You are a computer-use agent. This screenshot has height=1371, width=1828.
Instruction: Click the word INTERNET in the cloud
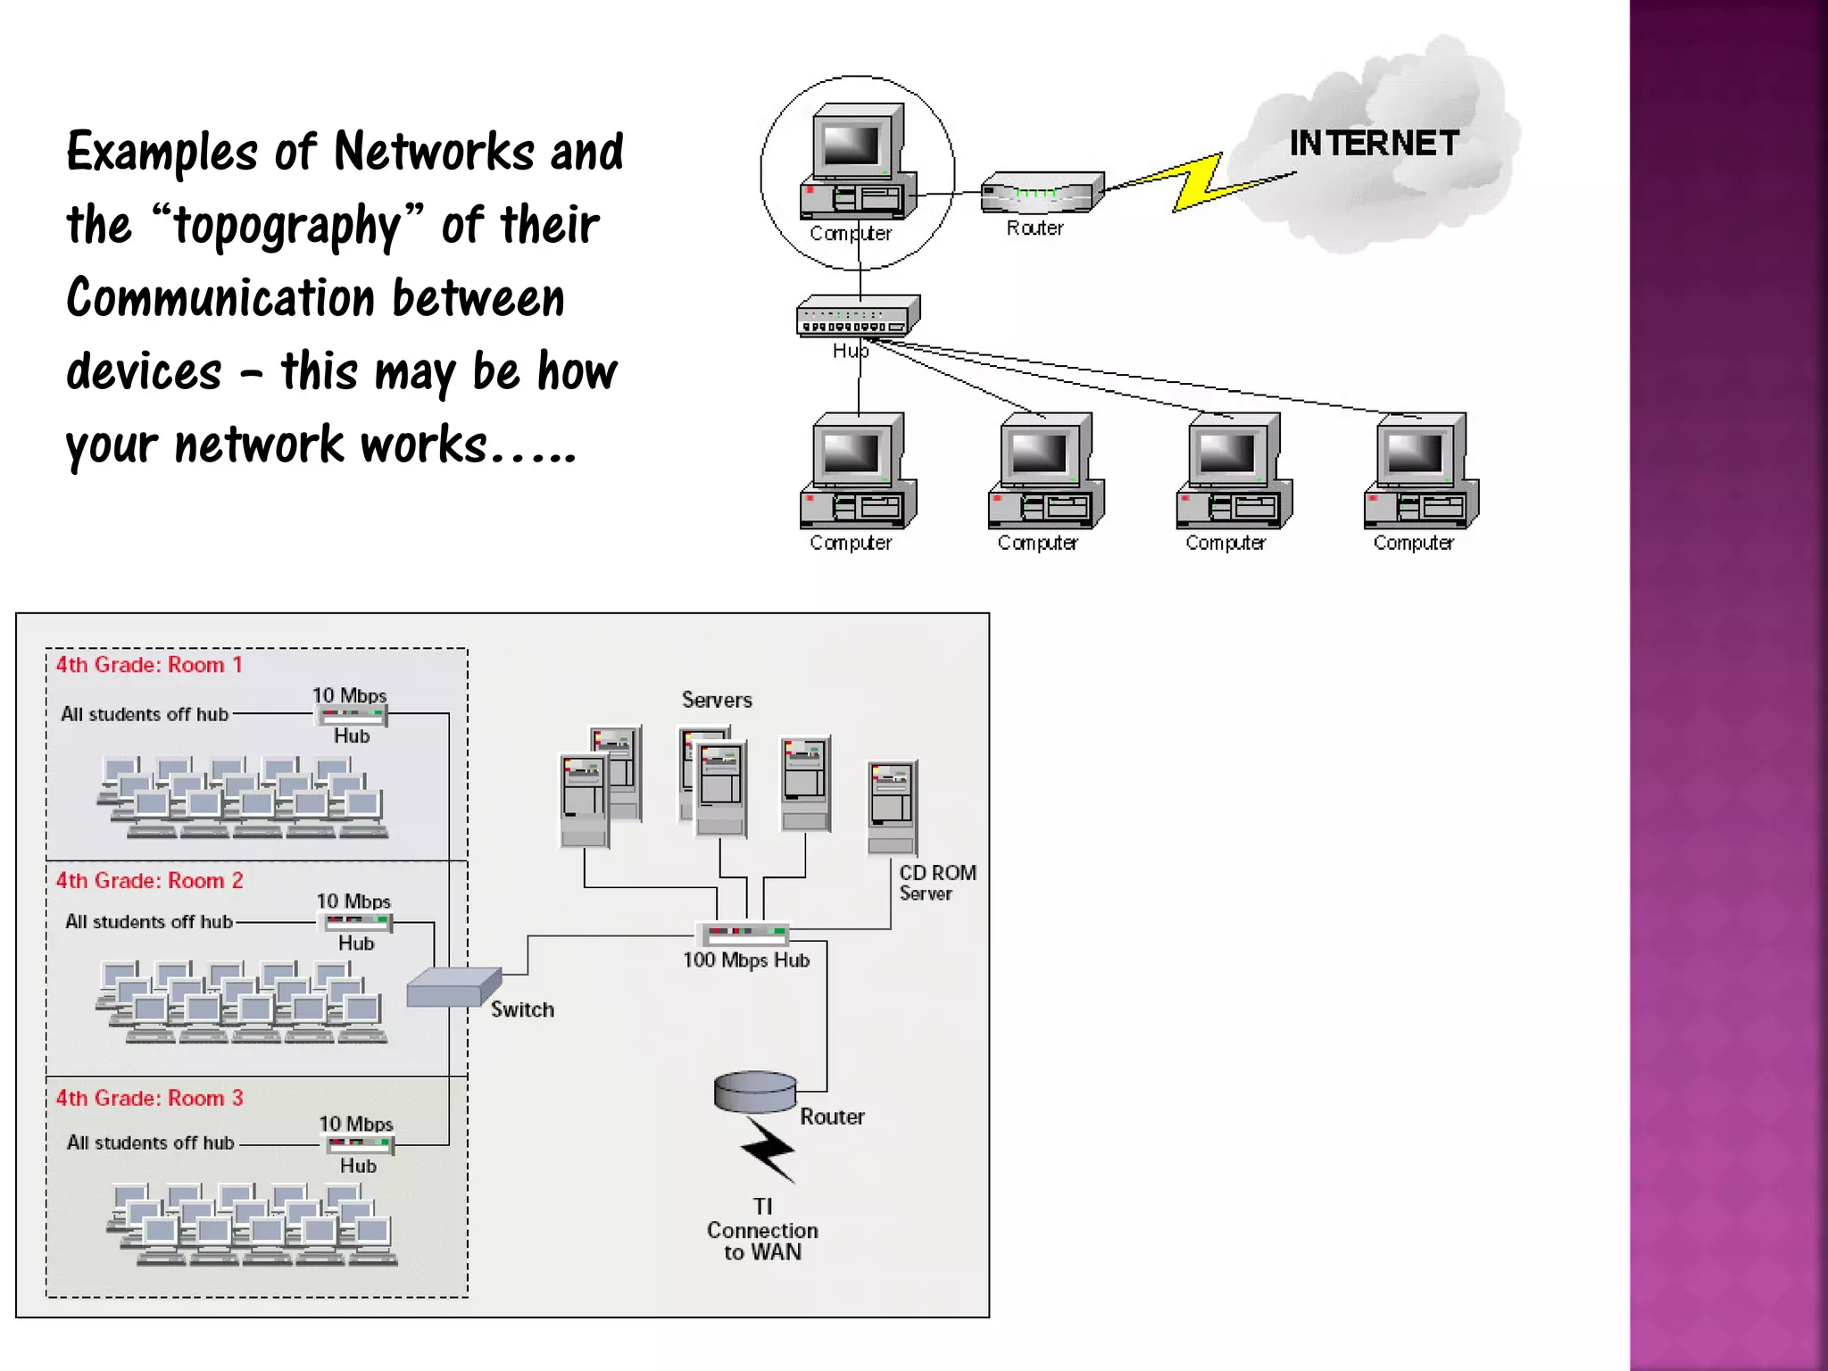[1373, 143]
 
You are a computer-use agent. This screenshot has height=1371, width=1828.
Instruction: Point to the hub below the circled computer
[857, 315]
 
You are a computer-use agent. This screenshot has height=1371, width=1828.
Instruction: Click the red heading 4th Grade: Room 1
[149, 665]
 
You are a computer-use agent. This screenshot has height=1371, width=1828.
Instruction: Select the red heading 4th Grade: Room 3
[149, 1098]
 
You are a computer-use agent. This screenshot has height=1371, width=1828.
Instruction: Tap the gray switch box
[452, 987]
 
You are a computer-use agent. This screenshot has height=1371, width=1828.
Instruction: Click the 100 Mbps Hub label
[746, 960]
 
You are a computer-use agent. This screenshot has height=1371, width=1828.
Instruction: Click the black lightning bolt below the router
[768, 1149]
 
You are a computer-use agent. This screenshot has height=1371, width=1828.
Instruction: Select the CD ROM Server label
[936, 883]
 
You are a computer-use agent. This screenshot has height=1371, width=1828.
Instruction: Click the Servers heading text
[717, 700]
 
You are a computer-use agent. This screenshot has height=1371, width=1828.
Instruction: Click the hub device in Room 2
[356, 921]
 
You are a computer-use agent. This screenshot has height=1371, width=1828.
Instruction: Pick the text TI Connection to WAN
[762, 1230]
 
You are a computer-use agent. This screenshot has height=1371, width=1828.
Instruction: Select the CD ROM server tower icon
[891, 808]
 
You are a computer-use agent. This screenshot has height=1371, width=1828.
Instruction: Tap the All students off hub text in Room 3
[150, 1142]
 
